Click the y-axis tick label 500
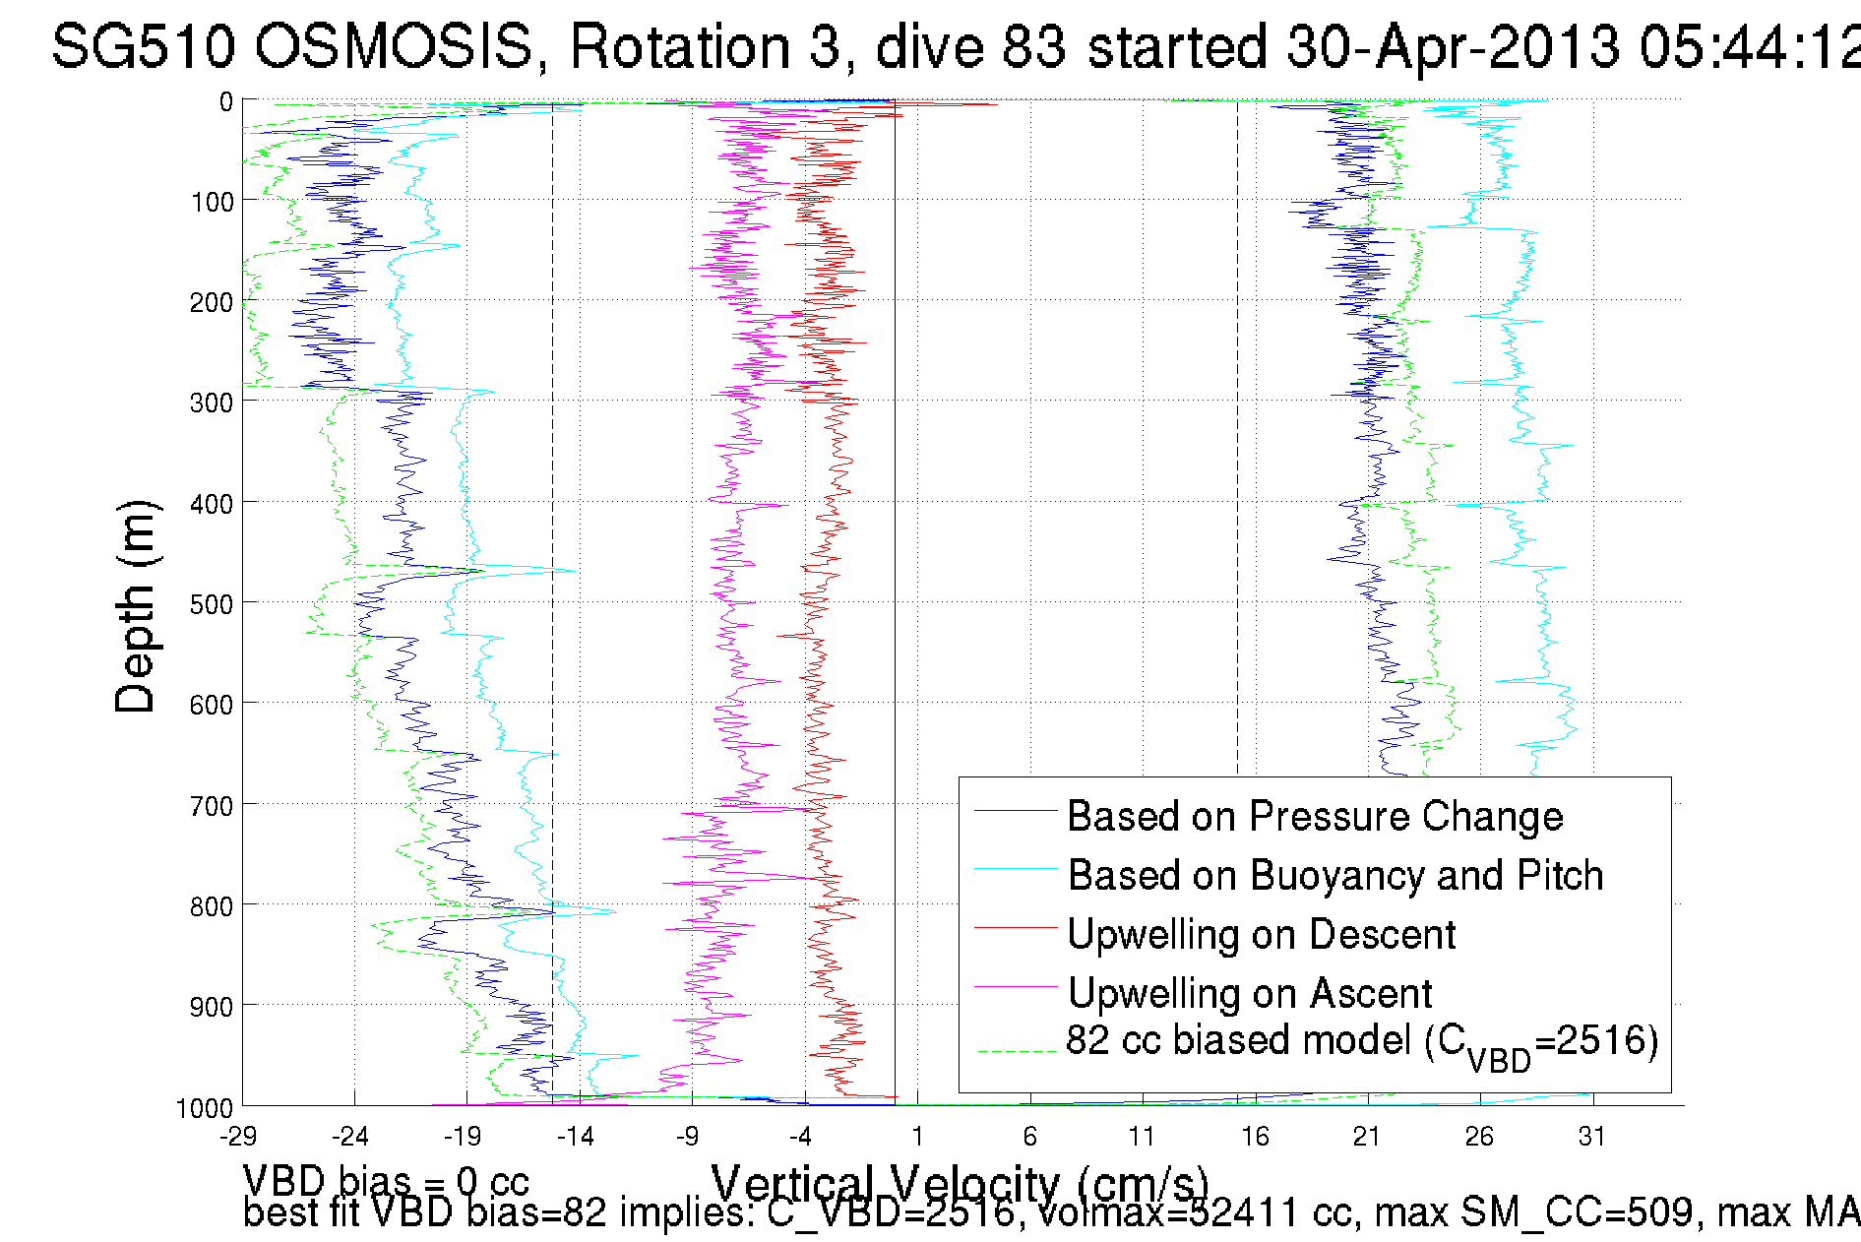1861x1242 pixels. [x=212, y=603]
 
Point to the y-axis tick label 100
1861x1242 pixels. [x=212, y=202]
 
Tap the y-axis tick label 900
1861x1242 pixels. [x=212, y=1006]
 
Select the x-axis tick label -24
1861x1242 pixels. [x=350, y=1137]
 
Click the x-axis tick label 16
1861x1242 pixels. [x=1255, y=1137]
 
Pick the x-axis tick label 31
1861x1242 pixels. [x=1592, y=1137]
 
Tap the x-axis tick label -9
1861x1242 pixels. [x=688, y=1137]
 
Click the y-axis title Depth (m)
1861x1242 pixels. [x=136, y=606]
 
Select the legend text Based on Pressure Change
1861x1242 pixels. [x=1315, y=816]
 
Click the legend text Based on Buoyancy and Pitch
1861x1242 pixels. [x=1335, y=875]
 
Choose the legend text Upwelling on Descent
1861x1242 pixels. [x=1261, y=934]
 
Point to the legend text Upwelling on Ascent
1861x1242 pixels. [x=1250, y=993]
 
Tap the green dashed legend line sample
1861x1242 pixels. [x=1016, y=1051]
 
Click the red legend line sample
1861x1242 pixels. [x=1016, y=928]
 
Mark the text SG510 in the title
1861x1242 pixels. [x=143, y=46]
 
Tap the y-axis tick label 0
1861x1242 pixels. [x=226, y=101]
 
